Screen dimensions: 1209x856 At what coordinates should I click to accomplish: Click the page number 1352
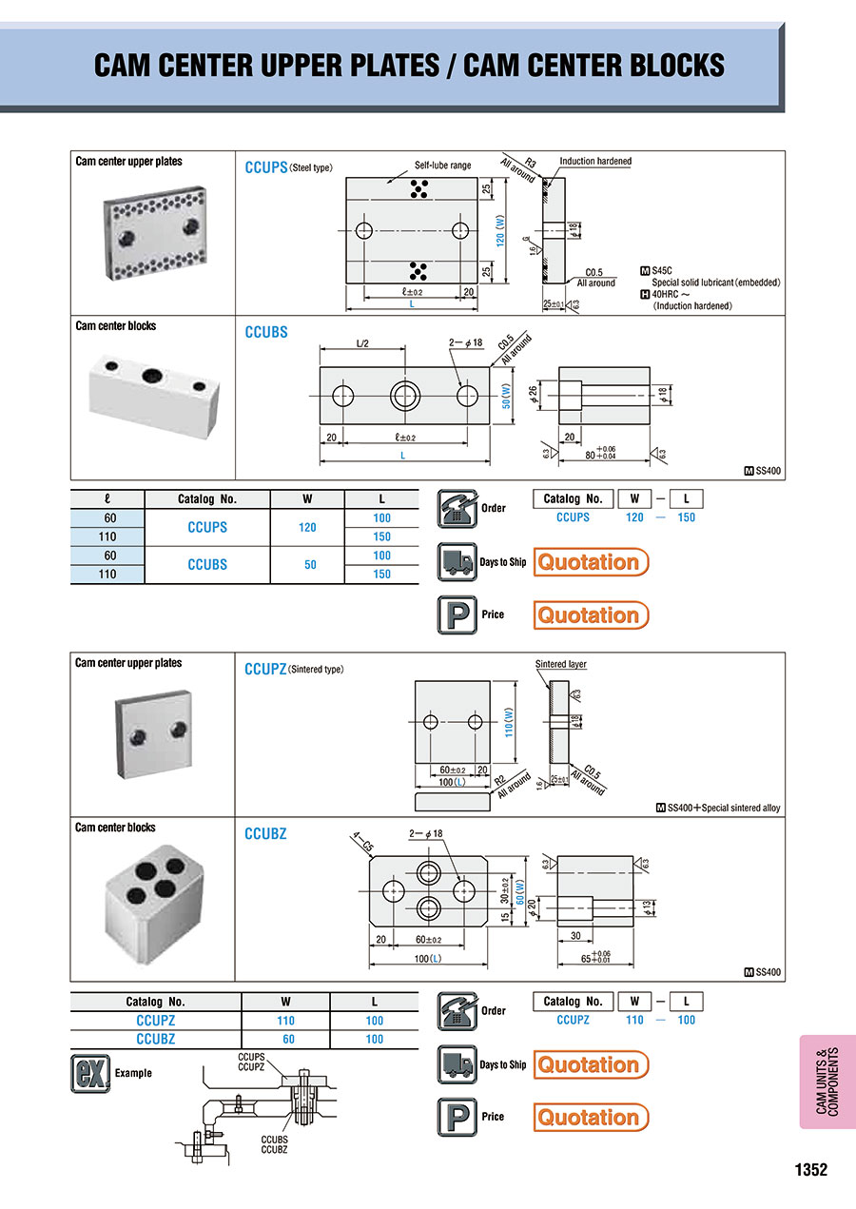point(810,1170)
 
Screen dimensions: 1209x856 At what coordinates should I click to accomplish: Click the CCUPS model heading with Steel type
point(288,167)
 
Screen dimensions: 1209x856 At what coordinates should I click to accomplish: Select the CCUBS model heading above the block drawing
point(266,332)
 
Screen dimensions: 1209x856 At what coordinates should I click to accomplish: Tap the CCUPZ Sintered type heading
point(294,669)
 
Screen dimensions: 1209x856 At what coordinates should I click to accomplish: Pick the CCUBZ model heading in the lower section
point(265,834)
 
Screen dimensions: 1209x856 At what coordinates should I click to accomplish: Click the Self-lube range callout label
point(442,166)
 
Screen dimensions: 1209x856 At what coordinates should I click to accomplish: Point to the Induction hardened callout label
point(595,162)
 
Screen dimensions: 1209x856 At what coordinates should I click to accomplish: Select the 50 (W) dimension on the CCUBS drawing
point(507,396)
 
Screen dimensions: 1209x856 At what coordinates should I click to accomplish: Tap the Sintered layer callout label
point(561,664)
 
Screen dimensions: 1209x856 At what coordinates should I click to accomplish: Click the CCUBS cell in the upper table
point(207,564)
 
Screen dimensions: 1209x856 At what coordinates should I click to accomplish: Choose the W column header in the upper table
point(308,498)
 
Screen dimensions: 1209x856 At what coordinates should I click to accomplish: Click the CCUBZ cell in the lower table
point(156,1039)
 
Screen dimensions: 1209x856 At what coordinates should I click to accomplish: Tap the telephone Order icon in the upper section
point(457,507)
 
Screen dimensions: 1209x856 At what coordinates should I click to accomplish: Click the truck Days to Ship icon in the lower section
point(457,1064)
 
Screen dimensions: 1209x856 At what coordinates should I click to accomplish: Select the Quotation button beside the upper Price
point(591,614)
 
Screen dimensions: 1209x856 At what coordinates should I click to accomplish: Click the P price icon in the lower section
point(457,1117)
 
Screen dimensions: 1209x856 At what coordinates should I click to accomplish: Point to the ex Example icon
point(89,1073)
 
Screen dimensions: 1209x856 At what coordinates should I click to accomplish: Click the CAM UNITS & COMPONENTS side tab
point(827,1082)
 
